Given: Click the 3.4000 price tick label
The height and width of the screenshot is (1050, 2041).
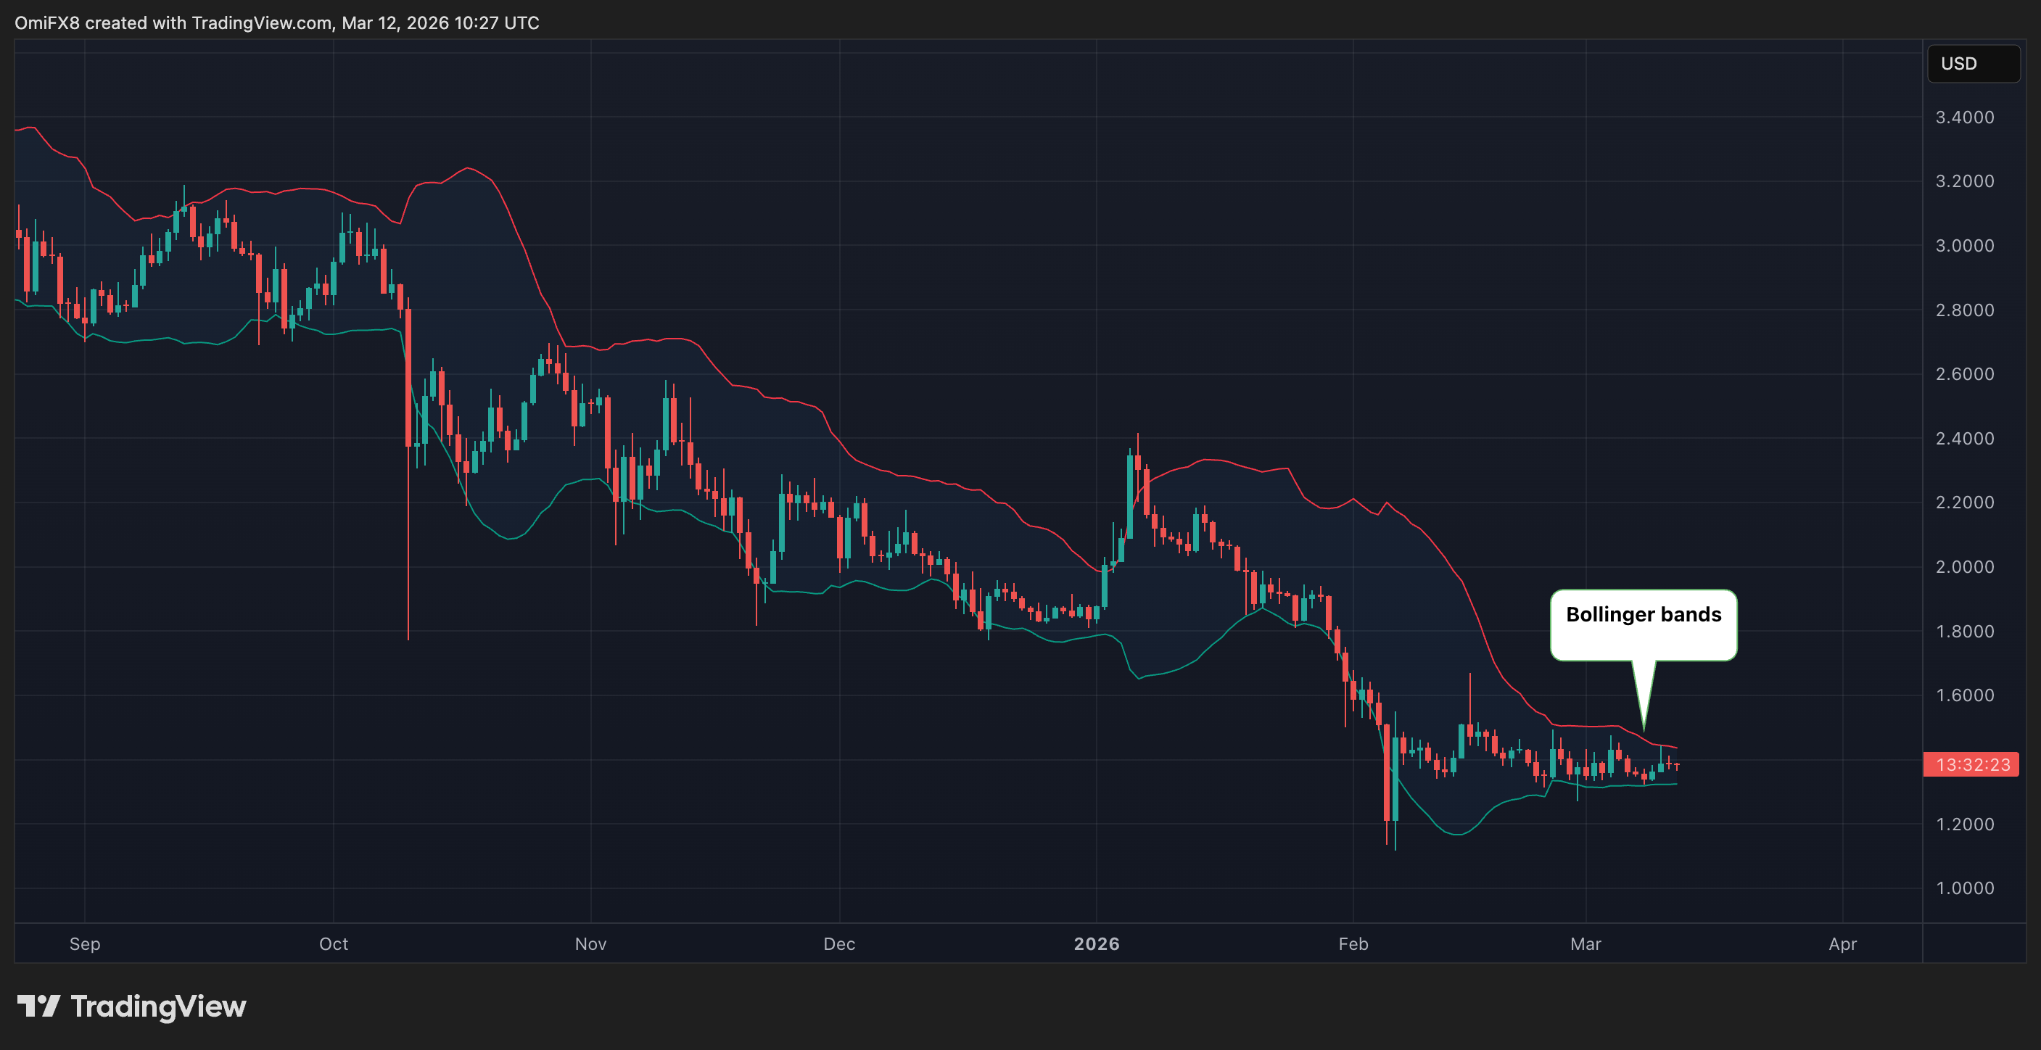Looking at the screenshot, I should pyautogui.click(x=1964, y=117).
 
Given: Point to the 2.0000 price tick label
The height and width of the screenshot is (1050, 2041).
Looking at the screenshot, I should pyautogui.click(x=1964, y=567).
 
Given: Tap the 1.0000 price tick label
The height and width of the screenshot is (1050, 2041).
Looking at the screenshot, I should pyautogui.click(x=1964, y=888).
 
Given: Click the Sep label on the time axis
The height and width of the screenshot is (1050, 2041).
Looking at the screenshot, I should pyautogui.click(x=85, y=944).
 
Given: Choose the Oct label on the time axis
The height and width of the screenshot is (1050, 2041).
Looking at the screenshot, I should pyautogui.click(x=334, y=944).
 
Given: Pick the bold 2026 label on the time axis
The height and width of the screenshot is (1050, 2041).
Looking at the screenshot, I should pyautogui.click(x=1097, y=944).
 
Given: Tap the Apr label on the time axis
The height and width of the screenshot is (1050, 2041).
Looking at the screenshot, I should pyautogui.click(x=1843, y=944).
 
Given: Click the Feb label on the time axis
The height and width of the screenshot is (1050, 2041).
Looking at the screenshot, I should pyautogui.click(x=1353, y=944).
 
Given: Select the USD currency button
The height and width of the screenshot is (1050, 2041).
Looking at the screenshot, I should pyautogui.click(x=1973, y=63).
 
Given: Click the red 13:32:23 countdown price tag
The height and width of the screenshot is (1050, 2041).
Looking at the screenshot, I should pyautogui.click(x=1971, y=765).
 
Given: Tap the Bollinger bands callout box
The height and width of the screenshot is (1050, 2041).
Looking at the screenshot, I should pyautogui.click(x=1644, y=624).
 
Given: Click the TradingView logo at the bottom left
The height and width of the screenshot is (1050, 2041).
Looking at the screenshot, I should pyautogui.click(x=131, y=1006).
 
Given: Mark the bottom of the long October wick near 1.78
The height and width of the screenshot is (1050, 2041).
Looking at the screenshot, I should pyautogui.click(x=408, y=638).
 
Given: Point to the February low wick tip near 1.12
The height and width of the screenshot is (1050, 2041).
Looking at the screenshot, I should pyautogui.click(x=1395, y=850).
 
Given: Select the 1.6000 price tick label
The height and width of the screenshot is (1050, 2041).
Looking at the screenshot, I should pyautogui.click(x=1964, y=695).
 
